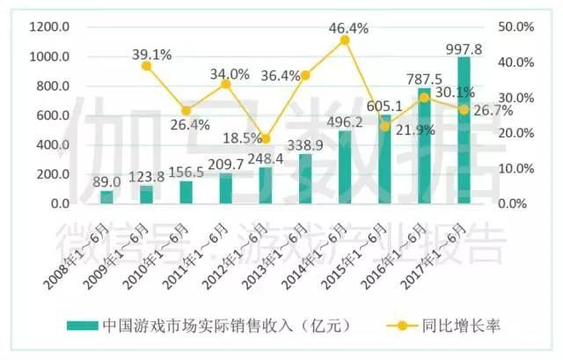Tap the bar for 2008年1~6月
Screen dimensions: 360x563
coord(106,197)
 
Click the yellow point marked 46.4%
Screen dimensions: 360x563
coord(345,40)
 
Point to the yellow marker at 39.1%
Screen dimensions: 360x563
coord(146,65)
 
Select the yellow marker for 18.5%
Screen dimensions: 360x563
coord(266,138)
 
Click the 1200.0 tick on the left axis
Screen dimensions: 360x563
coord(49,27)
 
